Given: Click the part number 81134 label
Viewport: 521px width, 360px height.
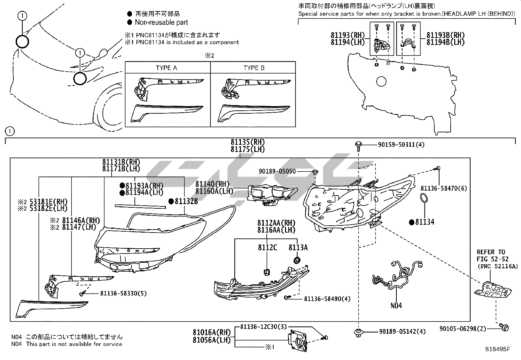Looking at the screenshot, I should [x=424, y=222].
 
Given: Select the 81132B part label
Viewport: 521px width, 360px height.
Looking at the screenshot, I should [x=186, y=201].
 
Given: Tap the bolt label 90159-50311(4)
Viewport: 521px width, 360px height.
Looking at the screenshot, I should [x=396, y=144].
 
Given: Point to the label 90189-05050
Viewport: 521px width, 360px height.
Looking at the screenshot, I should [x=277, y=171].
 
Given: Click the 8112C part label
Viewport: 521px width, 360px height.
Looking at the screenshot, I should [x=267, y=247].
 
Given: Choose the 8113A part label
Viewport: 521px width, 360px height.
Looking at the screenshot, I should [x=298, y=247].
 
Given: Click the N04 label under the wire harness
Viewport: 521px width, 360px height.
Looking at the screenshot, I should [x=396, y=306].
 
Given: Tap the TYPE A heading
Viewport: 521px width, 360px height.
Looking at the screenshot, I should [x=166, y=68].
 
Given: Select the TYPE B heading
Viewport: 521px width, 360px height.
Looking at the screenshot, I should [x=254, y=68].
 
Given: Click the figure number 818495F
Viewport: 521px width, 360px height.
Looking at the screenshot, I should [x=497, y=349].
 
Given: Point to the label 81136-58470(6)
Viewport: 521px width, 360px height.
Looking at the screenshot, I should [x=444, y=188].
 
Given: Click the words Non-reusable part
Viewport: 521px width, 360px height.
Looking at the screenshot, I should [x=161, y=22].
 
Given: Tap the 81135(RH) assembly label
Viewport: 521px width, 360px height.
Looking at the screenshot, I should [x=247, y=142].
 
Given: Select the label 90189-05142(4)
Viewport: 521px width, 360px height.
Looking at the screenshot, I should [x=402, y=332].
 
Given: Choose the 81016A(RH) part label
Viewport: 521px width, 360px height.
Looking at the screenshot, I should [x=212, y=333].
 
